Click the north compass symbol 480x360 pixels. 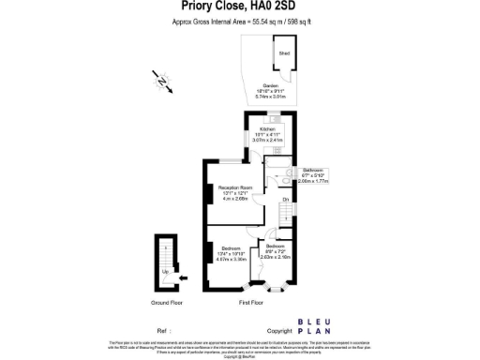164,84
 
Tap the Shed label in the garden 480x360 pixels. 283,54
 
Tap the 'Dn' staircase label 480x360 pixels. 285,200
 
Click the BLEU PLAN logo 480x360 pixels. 312,326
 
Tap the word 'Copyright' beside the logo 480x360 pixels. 279,331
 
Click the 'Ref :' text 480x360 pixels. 164,331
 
